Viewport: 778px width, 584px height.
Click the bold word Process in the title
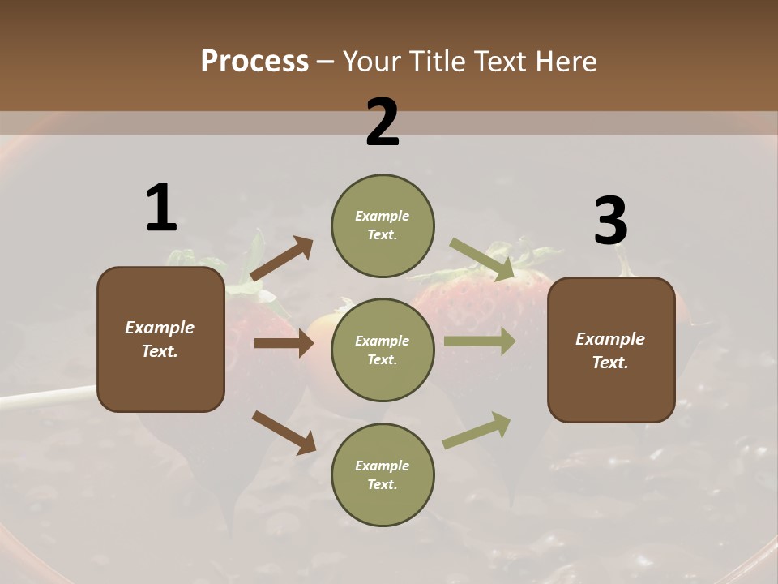pyautogui.click(x=254, y=62)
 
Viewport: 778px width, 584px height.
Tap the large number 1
pyautogui.click(x=161, y=208)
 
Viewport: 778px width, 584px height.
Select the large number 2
pyautogui.click(x=383, y=123)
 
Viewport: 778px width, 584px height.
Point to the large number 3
pyautogui.click(x=610, y=221)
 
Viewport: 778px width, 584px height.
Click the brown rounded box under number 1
pyautogui.click(x=160, y=339)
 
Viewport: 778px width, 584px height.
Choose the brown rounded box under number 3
pyautogui.click(x=611, y=350)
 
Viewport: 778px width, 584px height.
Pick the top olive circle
pyautogui.click(x=383, y=225)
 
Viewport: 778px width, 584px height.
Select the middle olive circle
pyautogui.click(x=383, y=350)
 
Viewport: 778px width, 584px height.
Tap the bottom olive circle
pyautogui.click(x=383, y=474)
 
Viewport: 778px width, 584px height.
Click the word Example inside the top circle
pyautogui.click(x=383, y=216)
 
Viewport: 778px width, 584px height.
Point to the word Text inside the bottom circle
pyautogui.click(x=381, y=484)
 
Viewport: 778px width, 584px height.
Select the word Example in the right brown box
pyautogui.click(x=610, y=339)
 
